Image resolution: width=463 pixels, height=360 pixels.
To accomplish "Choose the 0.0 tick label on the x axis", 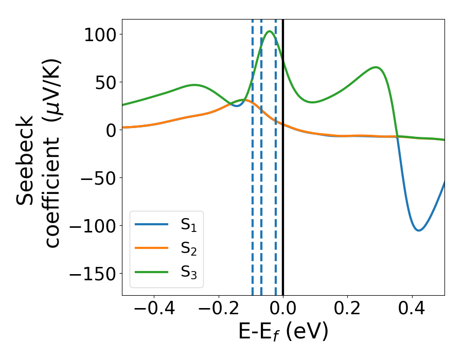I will pos(283,310).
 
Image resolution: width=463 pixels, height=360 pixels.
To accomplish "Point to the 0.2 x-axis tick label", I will pos(348,310).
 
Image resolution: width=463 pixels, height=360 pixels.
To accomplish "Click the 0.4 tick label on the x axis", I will pos(412,310).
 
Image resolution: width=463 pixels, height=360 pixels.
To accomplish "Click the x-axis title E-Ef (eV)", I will pos(283,333).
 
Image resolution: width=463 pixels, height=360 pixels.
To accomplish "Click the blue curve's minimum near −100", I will pos(419,230).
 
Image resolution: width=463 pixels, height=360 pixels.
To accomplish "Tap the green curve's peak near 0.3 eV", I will pos(376,67).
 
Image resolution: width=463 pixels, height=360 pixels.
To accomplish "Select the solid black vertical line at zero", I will pos(283,154).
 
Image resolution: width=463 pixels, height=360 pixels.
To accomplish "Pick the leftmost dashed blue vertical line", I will pos(253,154).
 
